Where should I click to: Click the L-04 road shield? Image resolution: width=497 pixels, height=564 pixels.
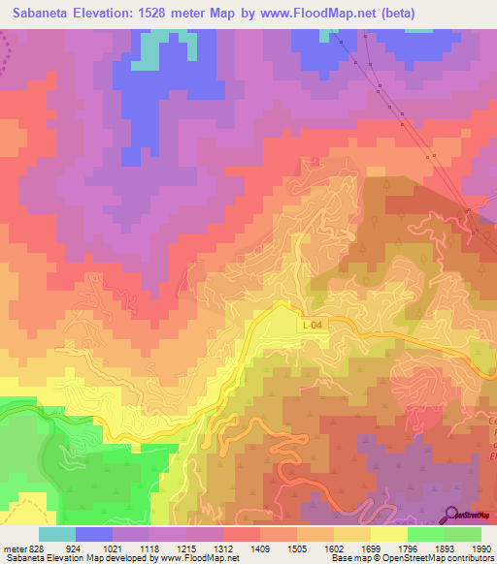(312, 327)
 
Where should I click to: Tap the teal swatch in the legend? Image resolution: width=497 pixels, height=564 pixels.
(57, 534)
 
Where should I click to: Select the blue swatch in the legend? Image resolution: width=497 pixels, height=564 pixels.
(94, 534)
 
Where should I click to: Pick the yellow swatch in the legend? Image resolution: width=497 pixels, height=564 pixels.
(388, 534)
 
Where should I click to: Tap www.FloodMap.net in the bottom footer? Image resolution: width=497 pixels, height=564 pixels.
(199, 558)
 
